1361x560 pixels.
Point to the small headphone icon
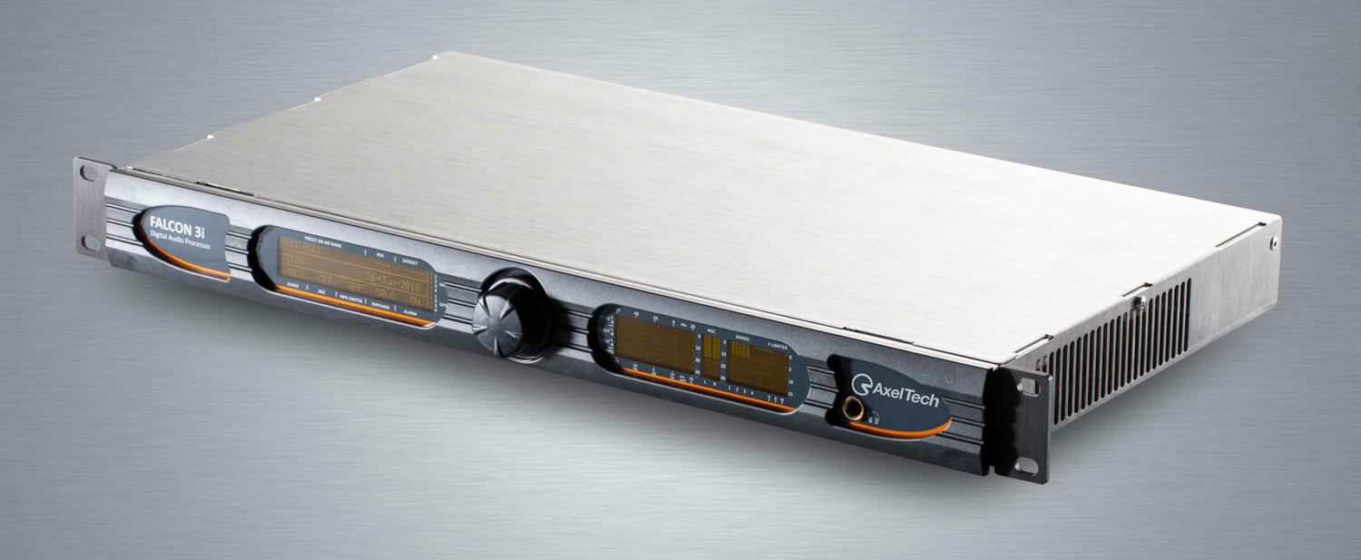[874, 418]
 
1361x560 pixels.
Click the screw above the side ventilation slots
[1135, 300]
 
